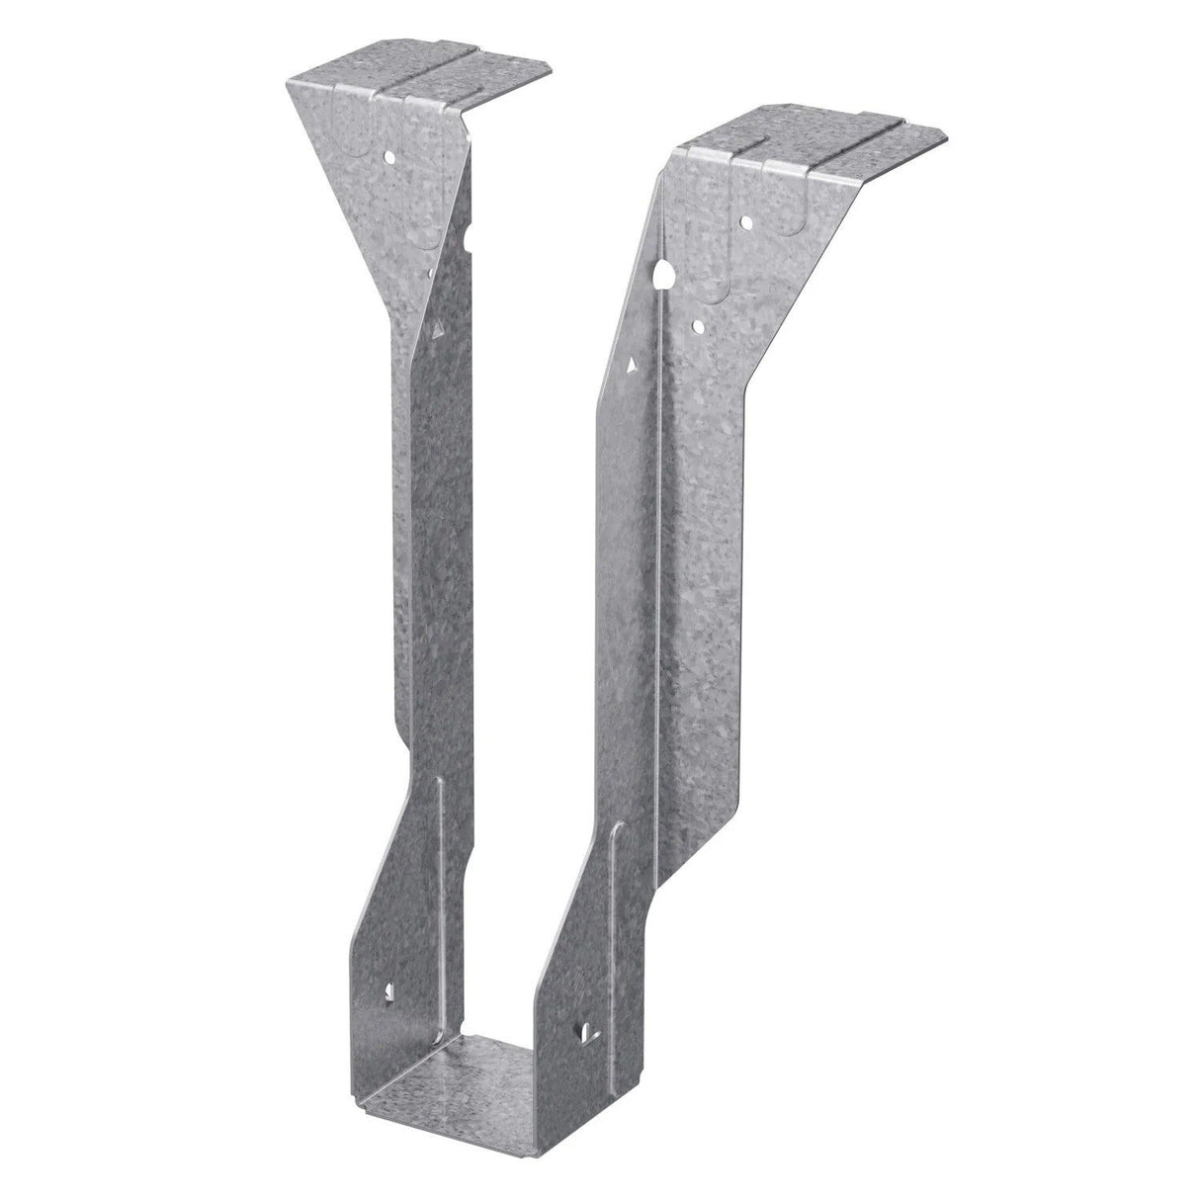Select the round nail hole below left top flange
(x=390, y=156)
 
